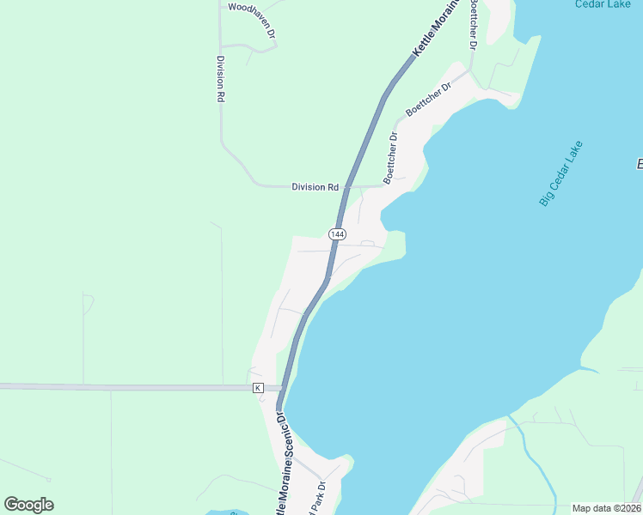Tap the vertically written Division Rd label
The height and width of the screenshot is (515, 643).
(220, 80)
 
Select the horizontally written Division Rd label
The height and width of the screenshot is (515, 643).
(315, 186)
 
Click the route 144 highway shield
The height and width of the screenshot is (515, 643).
(337, 233)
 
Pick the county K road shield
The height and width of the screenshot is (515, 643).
(257, 388)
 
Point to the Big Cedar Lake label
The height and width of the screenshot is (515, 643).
(560, 173)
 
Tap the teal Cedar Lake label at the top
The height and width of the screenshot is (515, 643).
(602, 4)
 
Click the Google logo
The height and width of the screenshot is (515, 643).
(28, 505)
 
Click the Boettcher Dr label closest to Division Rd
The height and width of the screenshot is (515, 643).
(392, 157)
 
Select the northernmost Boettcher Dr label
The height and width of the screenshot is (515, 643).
(472, 24)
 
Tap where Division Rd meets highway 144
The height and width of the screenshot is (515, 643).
(345, 186)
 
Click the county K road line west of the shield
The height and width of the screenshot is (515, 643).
(129, 387)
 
